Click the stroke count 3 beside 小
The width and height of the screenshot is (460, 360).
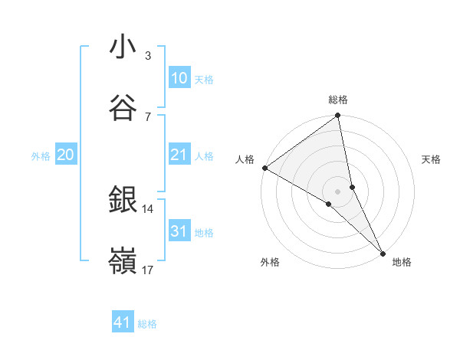pos(148,56)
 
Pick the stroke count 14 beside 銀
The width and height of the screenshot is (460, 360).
pos(148,208)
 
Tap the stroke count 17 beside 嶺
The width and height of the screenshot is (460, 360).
pos(148,270)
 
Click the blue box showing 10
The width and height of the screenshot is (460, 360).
pos(179,78)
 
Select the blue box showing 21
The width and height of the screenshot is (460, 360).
pos(179,155)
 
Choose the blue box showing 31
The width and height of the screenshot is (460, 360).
pos(179,231)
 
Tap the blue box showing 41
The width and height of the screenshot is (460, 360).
pos(123,322)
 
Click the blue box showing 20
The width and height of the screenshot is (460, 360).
pos(65,155)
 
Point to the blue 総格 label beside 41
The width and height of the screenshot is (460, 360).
pos(147,324)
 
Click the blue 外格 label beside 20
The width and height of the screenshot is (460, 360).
pos(41,156)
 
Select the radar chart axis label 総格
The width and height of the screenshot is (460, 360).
pos(338,100)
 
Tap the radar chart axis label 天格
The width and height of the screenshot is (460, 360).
pos(432,159)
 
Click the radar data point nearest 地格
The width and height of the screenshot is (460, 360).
pos(383,252)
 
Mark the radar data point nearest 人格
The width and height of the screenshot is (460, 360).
pos(264,168)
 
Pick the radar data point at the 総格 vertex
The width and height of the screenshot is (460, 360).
pos(338,116)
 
